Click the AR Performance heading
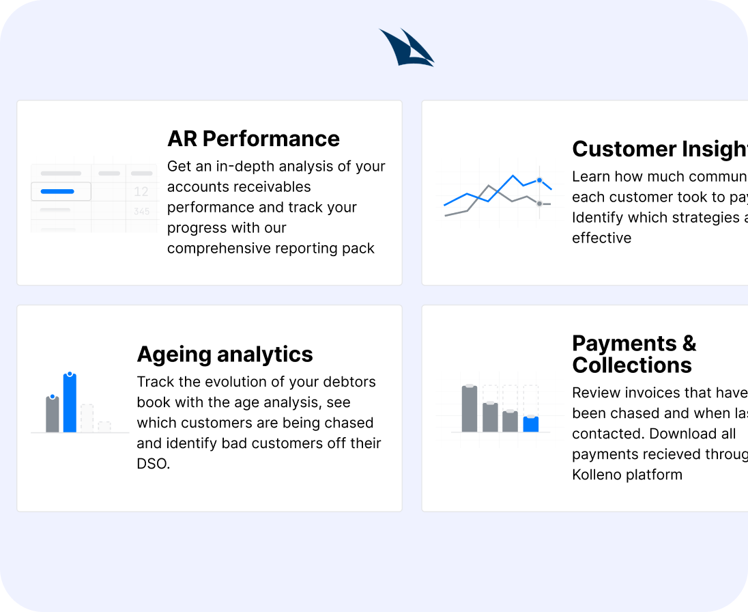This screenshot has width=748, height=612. [x=253, y=139]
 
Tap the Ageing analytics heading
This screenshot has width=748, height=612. [x=225, y=354]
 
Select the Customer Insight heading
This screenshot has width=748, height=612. [x=659, y=149]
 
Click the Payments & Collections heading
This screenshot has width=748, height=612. [x=633, y=354]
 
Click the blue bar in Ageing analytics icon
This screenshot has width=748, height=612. [x=70, y=403]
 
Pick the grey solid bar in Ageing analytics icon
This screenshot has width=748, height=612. [x=53, y=414]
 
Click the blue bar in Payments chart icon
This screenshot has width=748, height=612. [x=531, y=424]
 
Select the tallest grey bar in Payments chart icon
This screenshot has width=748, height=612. [x=470, y=408]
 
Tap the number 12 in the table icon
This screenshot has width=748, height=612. [x=141, y=192]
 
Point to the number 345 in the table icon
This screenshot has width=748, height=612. [x=141, y=212]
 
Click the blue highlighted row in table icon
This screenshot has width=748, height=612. [x=61, y=192]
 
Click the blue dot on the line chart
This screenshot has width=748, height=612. [x=539, y=180]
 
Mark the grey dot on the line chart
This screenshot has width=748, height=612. [x=539, y=204]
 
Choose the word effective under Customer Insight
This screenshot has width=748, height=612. [x=601, y=238]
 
